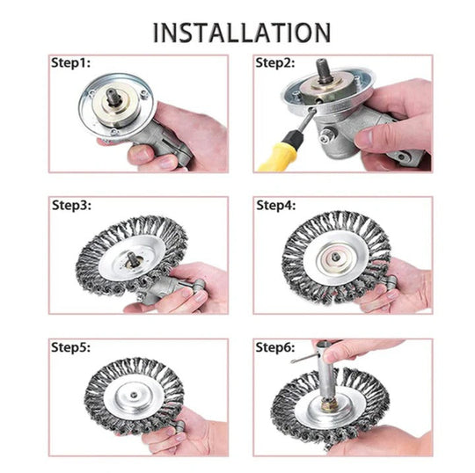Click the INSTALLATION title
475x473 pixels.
click(x=242, y=32)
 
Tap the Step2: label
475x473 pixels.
click(x=276, y=63)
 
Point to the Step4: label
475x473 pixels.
click(x=276, y=206)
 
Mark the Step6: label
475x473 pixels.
click(x=276, y=348)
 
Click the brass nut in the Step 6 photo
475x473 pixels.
click(x=327, y=410)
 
